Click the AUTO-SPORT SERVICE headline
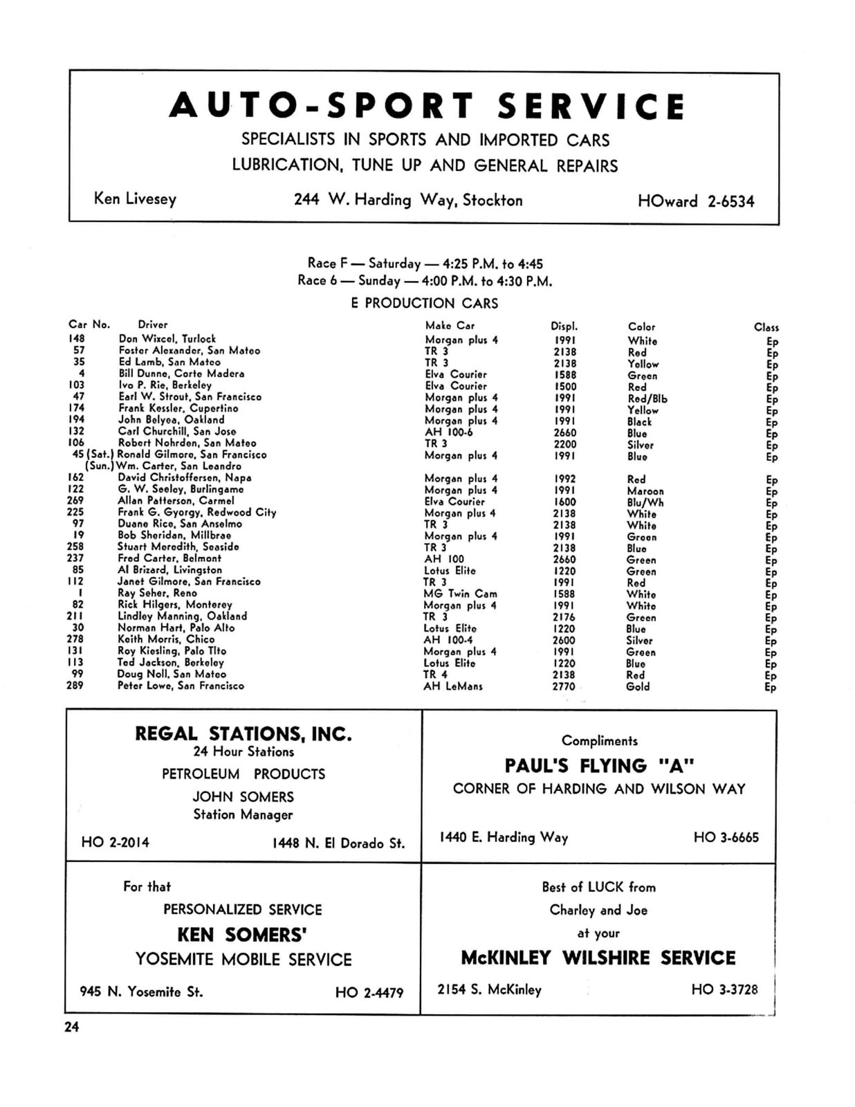pos(427,106)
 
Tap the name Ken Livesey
pos(135,199)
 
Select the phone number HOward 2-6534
pos(696,202)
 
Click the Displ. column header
pos(564,326)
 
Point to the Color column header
pos(641,327)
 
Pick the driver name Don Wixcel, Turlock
pos(167,339)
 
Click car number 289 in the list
pos(75,686)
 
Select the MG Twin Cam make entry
pos(460,594)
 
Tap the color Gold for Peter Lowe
pos(638,686)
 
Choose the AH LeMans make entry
pos(453,686)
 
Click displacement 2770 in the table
pos(564,686)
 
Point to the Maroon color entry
pos(645,491)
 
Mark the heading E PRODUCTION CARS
pos(424,303)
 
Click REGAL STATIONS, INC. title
pos(243,733)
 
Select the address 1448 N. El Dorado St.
pos(338,843)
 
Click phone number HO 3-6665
pos(726,838)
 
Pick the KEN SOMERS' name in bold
pos(243,935)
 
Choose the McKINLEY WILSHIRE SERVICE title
pos(598,958)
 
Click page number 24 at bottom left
pos(72,1027)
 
